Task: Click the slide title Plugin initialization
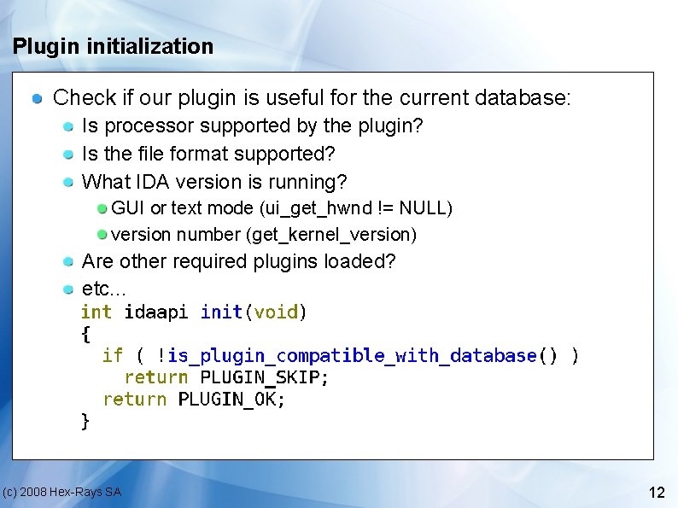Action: click(x=113, y=46)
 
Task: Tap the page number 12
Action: click(x=657, y=493)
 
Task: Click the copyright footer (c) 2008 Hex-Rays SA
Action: click(x=61, y=492)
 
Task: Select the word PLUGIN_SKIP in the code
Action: click(x=264, y=377)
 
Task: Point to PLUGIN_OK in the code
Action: click(x=231, y=399)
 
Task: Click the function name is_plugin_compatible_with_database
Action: click(x=352, y=355)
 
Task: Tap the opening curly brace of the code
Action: click(x=85, y=334)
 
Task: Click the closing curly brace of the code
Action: click(x=85, y=421)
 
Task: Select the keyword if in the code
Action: click(x=112, y=355)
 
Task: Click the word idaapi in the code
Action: click(x=156, y=312)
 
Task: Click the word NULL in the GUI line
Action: click(x=423, y=207)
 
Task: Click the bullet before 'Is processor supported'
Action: click(x=68, y=126)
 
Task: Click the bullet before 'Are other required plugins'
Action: click(x=68, y=261)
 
